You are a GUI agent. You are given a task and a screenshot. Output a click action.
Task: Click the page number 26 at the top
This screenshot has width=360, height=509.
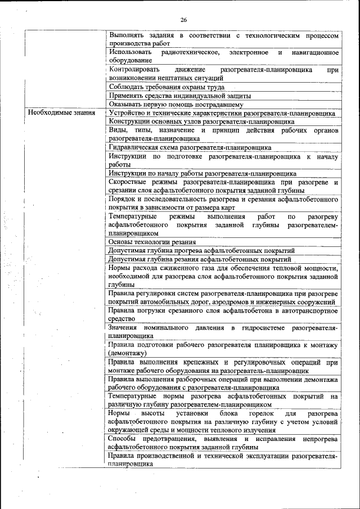coord(183,20)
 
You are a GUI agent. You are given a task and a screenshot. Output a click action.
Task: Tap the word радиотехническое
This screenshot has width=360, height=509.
coord(189,52)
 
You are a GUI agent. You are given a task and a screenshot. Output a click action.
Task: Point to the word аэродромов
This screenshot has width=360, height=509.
coord(228,302)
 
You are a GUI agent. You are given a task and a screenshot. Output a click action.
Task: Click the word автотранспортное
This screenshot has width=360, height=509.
coord(308,310)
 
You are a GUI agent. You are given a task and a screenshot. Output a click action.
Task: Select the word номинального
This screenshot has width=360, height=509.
coord(174,327)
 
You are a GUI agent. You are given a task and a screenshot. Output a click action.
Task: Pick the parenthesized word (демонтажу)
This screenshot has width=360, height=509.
coord(128,353)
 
